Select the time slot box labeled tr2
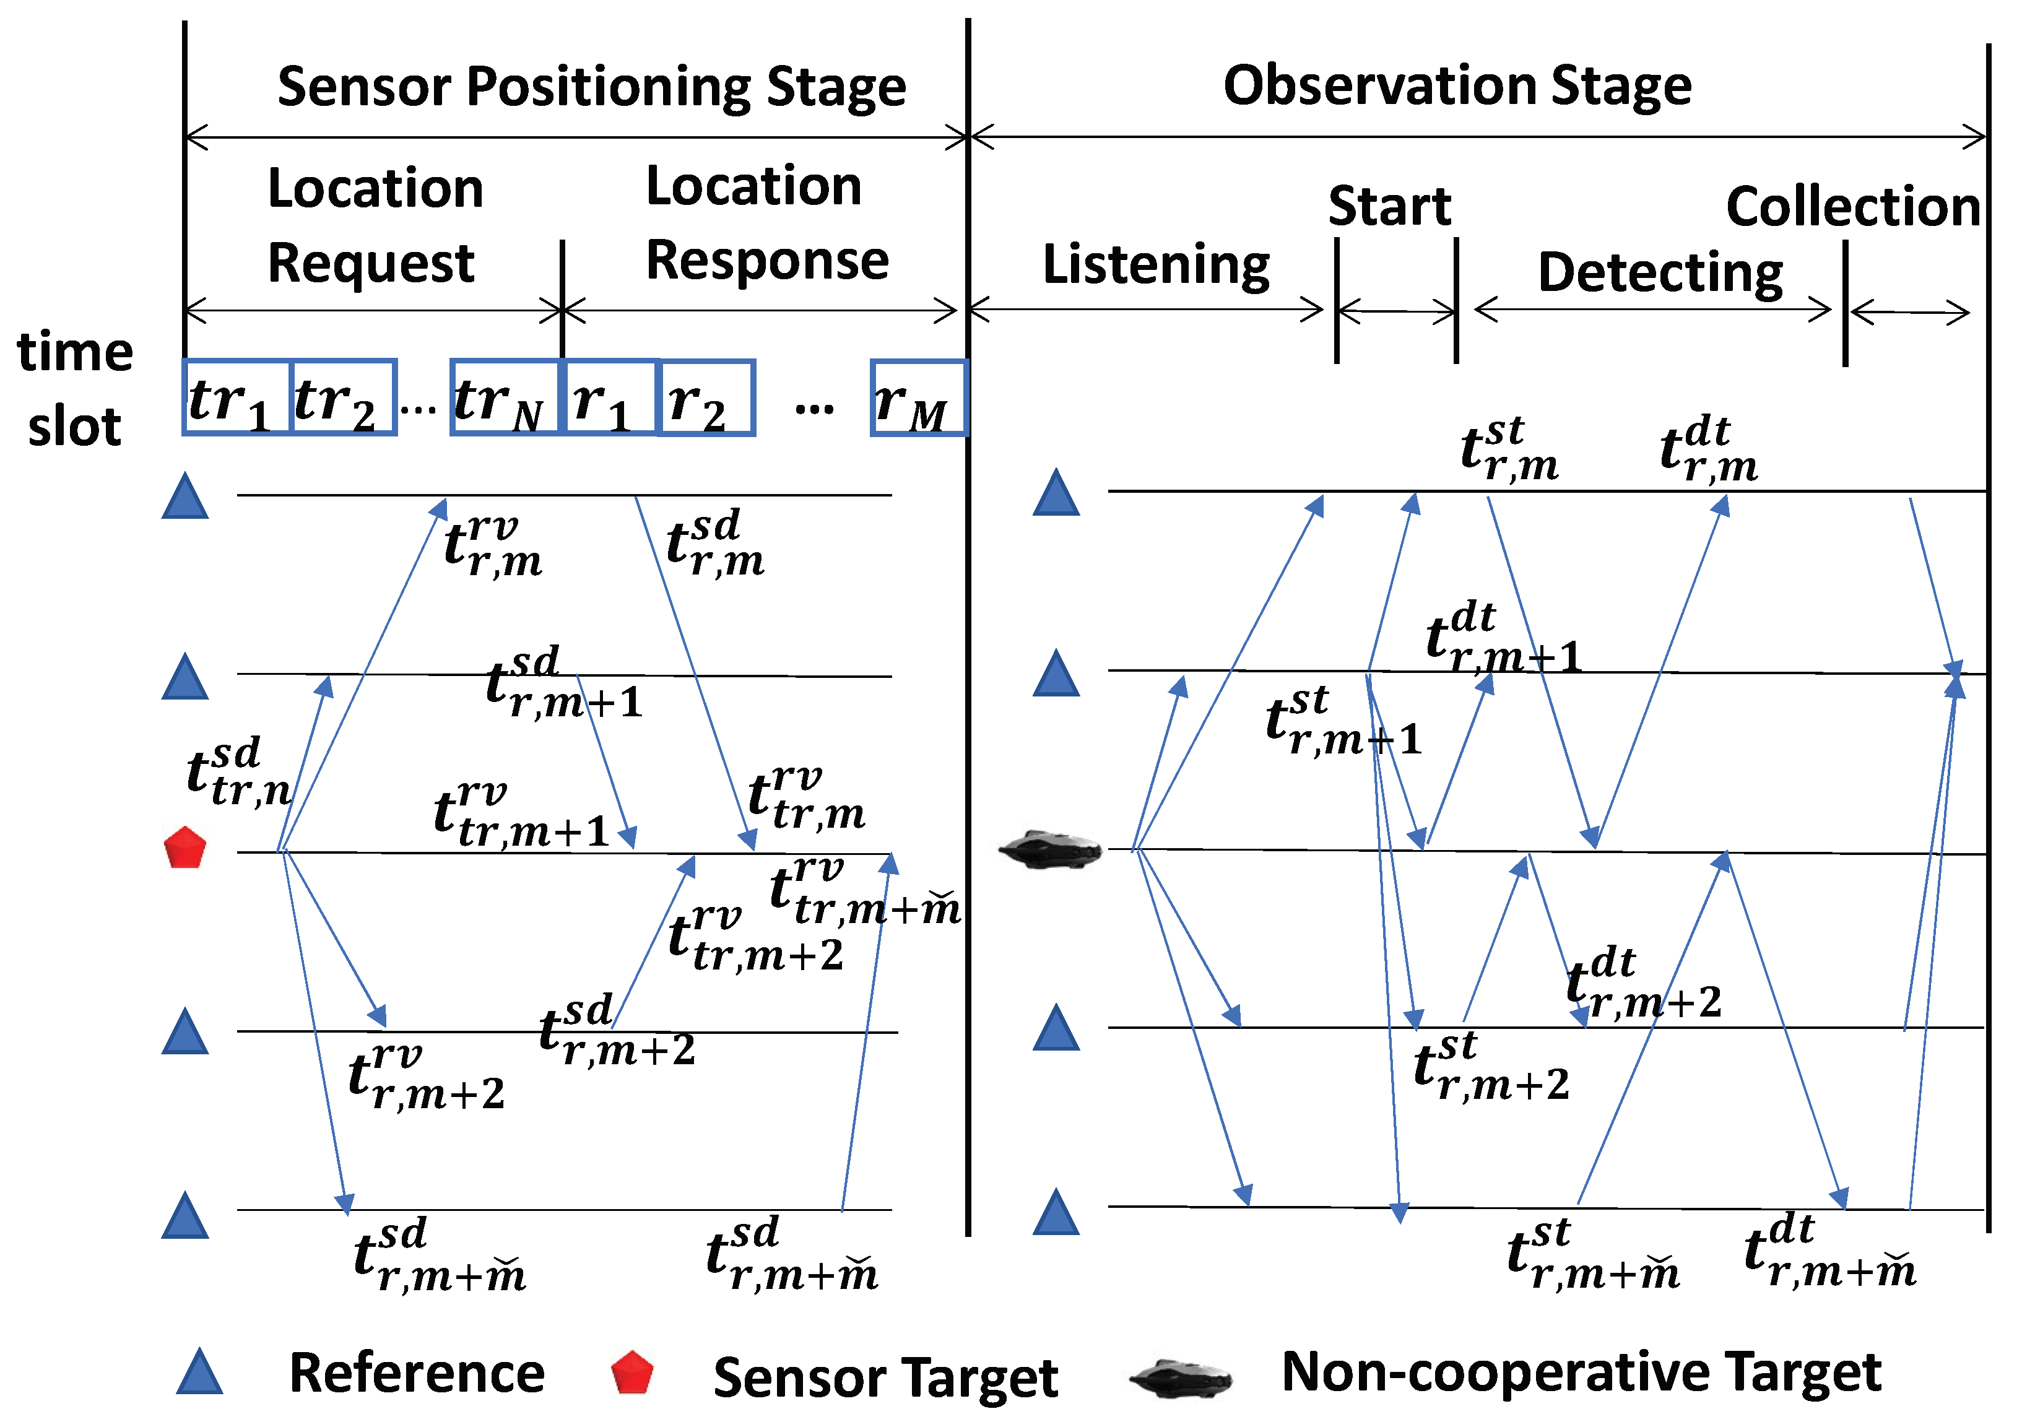tap(342, 397)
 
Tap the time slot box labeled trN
tap(505, 397)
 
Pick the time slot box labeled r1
tap(609, 397)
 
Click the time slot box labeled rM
tap(919, 397)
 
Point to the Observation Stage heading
tap(1457, 85)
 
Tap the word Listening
tap(1155, 264)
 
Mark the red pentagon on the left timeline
tap(185, 848)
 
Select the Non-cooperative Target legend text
tap(1580, 1371)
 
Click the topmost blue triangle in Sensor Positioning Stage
tap(185, 498)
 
